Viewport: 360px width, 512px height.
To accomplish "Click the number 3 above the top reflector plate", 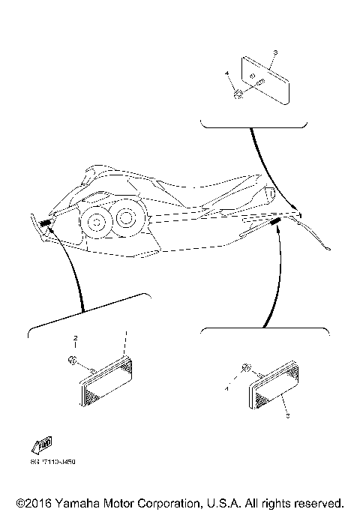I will [275, 52].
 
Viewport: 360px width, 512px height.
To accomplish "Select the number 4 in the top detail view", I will [226, 73].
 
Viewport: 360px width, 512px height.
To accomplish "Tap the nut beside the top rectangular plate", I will [237, 93].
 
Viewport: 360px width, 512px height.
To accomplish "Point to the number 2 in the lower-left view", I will [75, 339].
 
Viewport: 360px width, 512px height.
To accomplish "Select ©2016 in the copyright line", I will [31, 502].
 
